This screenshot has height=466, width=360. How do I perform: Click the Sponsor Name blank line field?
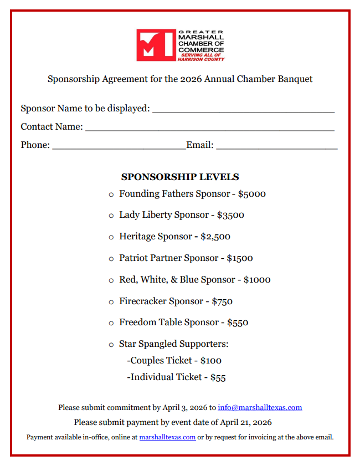pyautogui.click(x=243, y=110)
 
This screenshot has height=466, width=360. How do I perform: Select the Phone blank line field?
pyautogui.click(x=119, y=146)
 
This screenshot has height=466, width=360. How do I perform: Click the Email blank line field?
pyautogui.click(x=276, y=146)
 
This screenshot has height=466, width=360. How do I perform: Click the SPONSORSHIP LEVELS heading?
pyautogui.click(x=180, y=177)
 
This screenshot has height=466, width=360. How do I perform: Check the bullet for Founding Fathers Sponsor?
pyautogui.click(x=111, y=194)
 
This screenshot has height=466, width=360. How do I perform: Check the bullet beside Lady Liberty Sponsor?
pyautogui.click(x=111, y=216)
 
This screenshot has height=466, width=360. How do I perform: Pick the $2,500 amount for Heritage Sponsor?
pyautogui.click(x=215, y=237)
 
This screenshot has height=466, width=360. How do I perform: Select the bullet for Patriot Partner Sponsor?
pyautogui.click(x=111, y=259)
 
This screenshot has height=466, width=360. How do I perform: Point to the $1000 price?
pyautogui.click(x=257, y=280)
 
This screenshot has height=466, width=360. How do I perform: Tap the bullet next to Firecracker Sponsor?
pyautogui.click(x=111, y=302)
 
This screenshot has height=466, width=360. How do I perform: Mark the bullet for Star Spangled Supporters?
pyautogui.click(x=111, y=345)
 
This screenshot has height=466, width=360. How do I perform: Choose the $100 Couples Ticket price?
pyautogui.click(x=210, y=361)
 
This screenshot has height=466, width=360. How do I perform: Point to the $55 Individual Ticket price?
pyautogui.click(x=218, y=377)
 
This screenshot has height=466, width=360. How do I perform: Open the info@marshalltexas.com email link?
pyautogui.click(x=260, y=408)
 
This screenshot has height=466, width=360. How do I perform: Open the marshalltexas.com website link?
pyautogui.click(x=167, y=437)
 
